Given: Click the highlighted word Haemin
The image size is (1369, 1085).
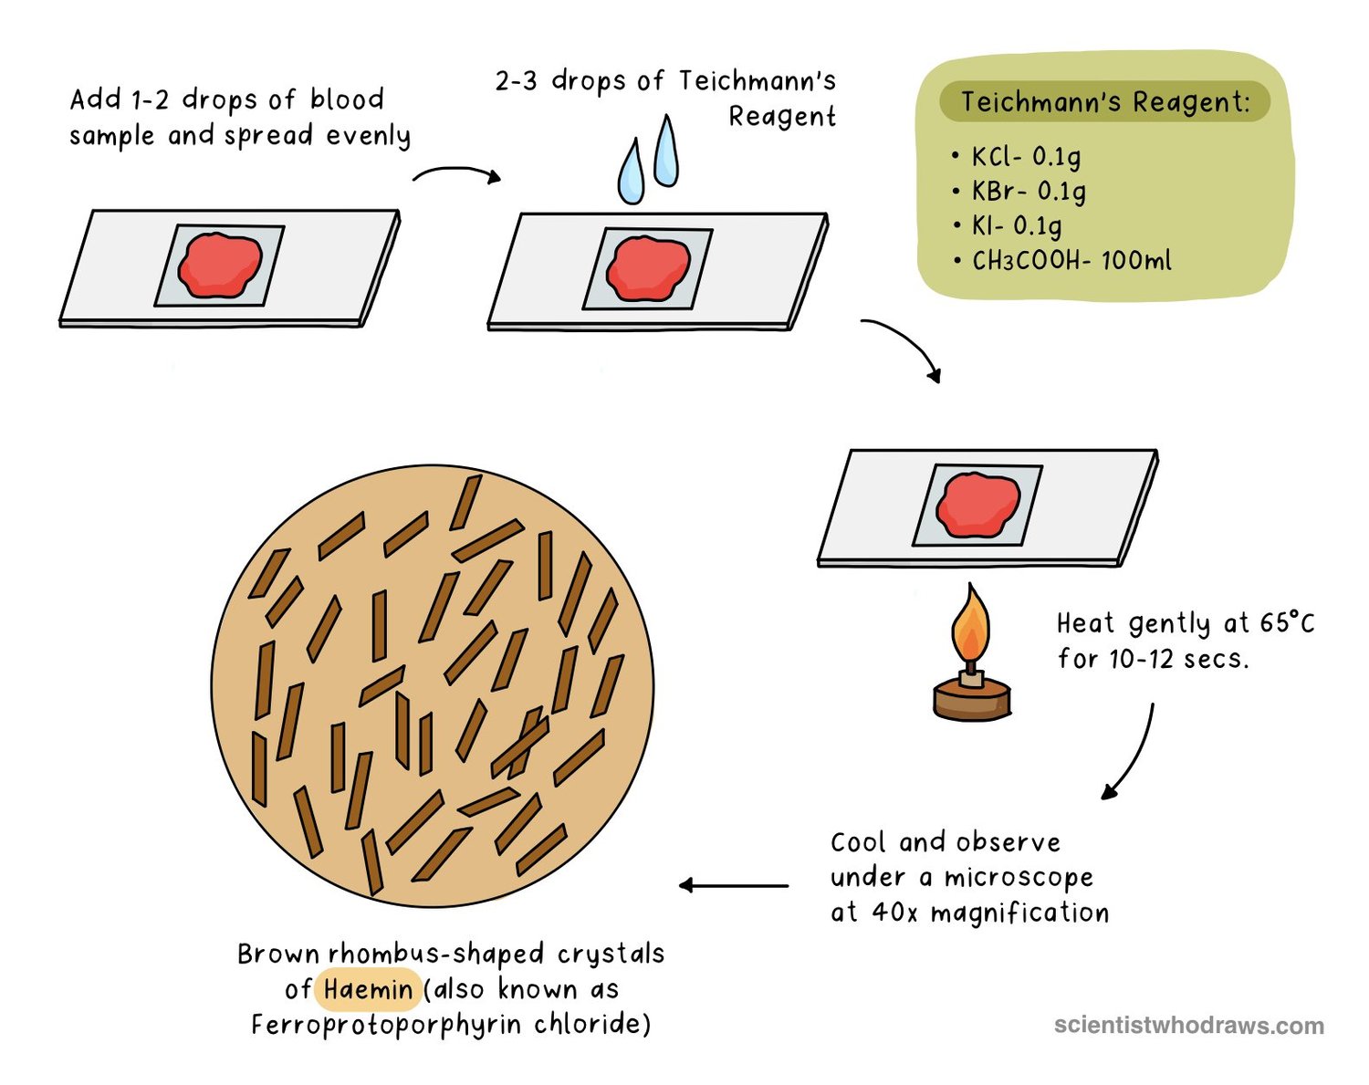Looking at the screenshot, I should [368, 989].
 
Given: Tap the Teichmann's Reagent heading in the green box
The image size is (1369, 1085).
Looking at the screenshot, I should [1104, 101].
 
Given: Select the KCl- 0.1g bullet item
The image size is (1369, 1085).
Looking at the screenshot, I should [1026, 157].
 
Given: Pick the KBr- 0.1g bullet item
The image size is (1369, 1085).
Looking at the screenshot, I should [1028, 192].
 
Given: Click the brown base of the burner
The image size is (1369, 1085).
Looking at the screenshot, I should [972, 700].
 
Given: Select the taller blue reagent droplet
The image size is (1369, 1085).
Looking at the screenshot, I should [667, 153].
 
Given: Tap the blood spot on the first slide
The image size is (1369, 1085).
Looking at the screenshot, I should [220, 266].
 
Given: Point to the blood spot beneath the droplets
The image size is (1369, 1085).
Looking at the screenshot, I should [648, 268].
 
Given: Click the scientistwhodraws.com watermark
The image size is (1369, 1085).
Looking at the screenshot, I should [1188, 1025].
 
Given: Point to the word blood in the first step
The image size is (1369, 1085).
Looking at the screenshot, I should [347, 99].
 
